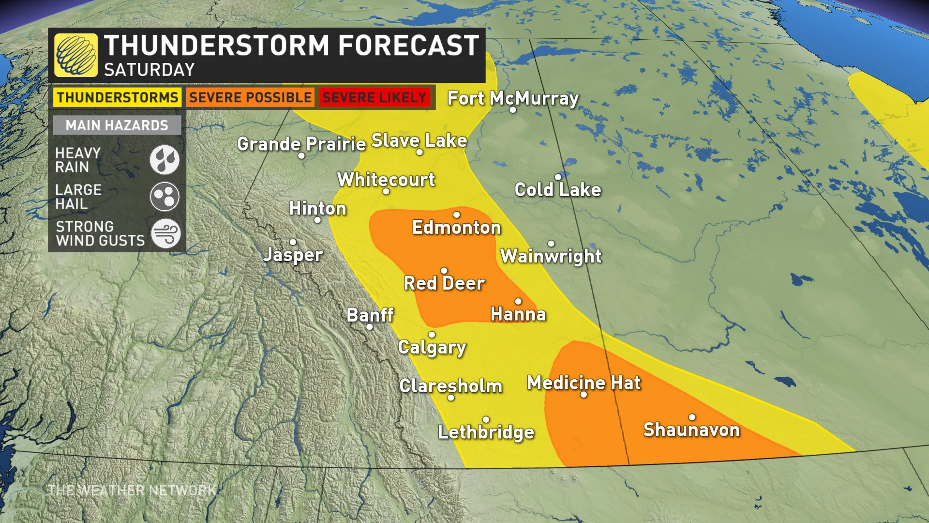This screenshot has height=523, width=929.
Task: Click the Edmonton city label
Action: pos(456,228)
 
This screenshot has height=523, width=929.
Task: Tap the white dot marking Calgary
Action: pos(432,335)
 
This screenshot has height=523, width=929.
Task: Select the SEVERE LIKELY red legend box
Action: pos(374,97)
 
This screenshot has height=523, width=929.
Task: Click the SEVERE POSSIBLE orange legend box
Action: pos(250,97)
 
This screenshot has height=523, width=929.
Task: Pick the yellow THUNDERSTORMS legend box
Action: pos(117,97)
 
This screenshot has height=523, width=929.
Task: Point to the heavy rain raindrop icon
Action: pos(165,160)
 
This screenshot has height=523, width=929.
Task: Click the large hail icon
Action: pos(165,197)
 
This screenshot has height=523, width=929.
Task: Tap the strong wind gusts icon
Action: pos(165,233)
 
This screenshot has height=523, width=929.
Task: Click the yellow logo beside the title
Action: pos(76,55)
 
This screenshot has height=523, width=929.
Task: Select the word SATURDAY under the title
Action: pos(149,70)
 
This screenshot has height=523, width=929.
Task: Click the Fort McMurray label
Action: pos(513,98)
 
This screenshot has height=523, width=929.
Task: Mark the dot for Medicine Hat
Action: pos(584,395)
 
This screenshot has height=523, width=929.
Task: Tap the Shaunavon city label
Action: pos(691,430)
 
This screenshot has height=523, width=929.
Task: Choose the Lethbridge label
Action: pos(486,432)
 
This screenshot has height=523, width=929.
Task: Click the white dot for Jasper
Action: pos(293,242)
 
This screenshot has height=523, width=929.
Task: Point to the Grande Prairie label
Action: pos(301,144)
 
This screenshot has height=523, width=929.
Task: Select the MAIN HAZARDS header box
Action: pos(117,125)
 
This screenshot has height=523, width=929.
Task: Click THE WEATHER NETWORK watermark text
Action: pos(132,491)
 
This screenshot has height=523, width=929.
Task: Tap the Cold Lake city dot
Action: pos(558,177)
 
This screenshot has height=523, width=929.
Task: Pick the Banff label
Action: pos(370,315)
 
